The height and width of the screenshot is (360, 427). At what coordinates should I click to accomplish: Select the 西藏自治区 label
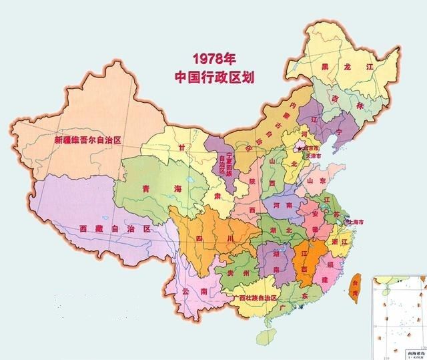pos(114,228)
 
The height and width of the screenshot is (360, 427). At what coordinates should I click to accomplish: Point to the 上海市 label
pos(359,222)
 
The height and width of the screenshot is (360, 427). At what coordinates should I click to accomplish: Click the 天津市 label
pos(314,156)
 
